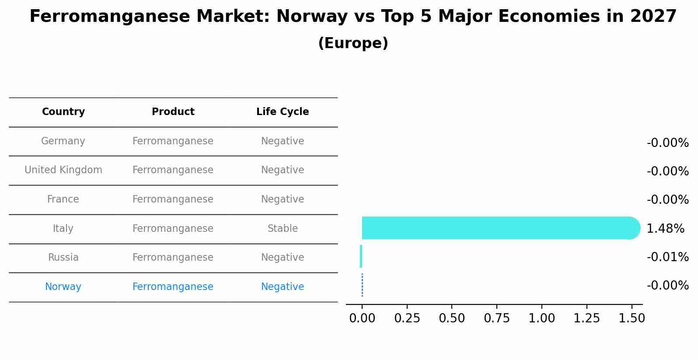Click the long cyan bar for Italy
[499, 228]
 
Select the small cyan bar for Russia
[361, 256]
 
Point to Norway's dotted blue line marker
[362, 285]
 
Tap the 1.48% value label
[665, 228]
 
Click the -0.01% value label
[667, 257]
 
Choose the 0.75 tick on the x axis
[496, 318]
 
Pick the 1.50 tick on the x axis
[631, 318]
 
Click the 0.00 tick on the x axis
[362, 318]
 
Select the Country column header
[63, 112]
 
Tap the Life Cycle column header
[283, 112]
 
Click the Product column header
[173, 112]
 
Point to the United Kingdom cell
[63, 170]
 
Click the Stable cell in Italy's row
[283, 228]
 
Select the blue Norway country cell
[63, 287]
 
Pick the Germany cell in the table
[63, 141]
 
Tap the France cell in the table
[63, 199]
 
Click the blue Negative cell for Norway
[283, 287]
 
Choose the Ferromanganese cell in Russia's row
[173, 258]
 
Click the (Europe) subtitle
[353, 43]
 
